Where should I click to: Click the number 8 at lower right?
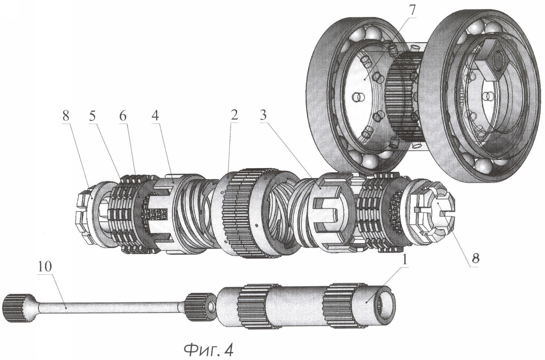click(x=475, y=258)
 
